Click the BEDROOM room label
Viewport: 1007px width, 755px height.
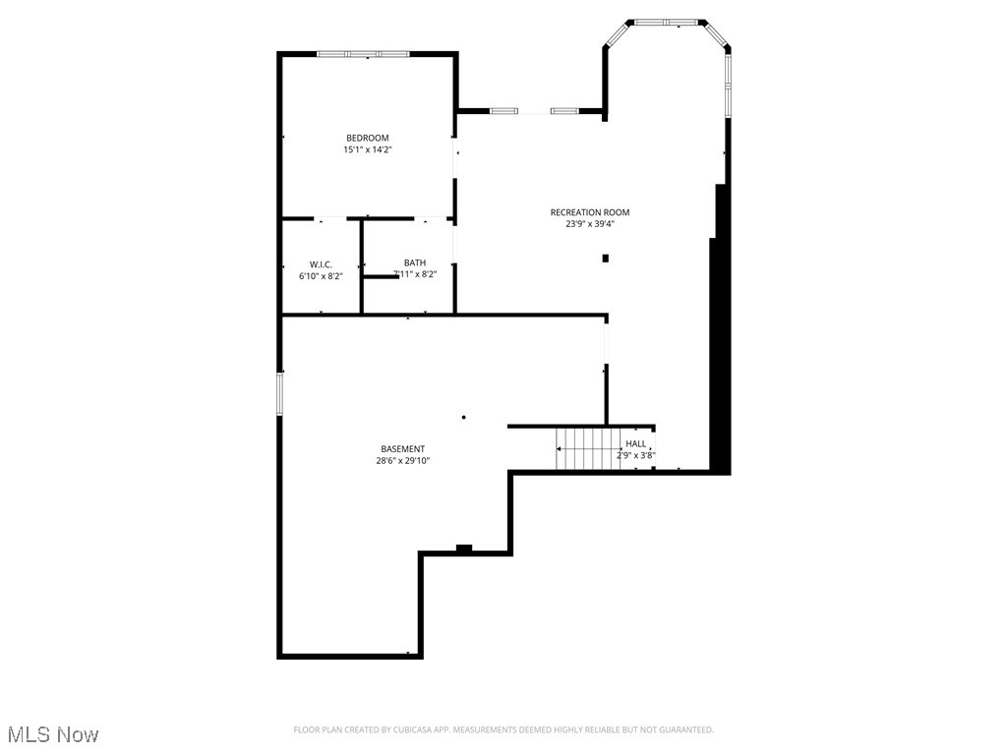[367, 138]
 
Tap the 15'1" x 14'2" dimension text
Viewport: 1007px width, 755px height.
[367, 149]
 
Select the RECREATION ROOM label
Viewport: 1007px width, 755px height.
[590, 212]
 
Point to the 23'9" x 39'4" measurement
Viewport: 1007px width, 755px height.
[590, 224]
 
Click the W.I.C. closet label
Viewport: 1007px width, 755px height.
[321, 264]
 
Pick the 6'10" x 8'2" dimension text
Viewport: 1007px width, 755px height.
[321, 276]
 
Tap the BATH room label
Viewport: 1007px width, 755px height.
[415, 262]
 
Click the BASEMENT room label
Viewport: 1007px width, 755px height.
[404, 449]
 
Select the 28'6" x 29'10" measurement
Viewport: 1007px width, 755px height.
[404, 461]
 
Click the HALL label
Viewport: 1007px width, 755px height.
[636, 444]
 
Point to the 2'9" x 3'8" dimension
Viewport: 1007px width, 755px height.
[636, 455]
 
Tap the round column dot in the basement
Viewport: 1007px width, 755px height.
[463, 418]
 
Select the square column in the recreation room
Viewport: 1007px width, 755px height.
[606, 259]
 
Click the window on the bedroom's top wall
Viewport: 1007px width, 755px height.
[363, 54]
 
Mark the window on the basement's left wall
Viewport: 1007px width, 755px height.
[280, 392]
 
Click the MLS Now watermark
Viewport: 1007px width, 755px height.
[53, 734]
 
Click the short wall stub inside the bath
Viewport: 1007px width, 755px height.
[381, 277]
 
